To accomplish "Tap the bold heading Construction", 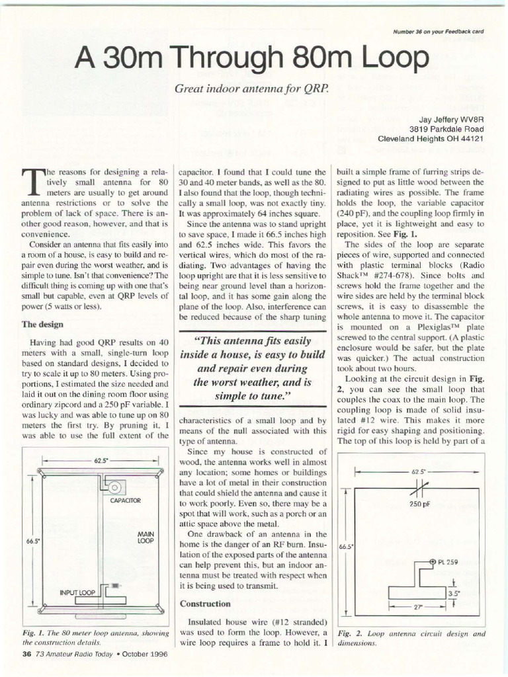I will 205,604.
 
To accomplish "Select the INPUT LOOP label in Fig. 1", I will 77,593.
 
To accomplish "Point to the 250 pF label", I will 419,503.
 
